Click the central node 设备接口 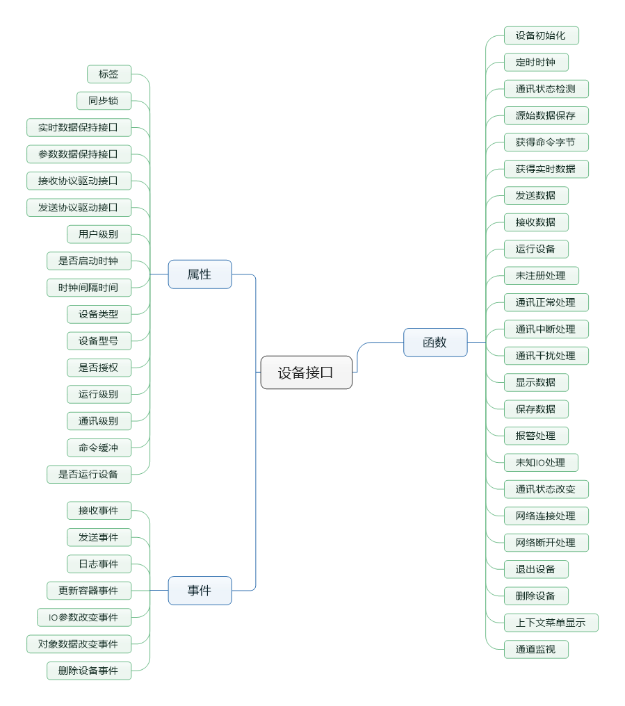click(x=306, y=372)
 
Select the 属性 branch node click(x=200, y=274)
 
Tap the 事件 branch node click(x=200, y=591)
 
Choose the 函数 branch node click(x=435, y=343)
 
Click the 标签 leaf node click(x=109, y=74)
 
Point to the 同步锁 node click(x=104, y=101)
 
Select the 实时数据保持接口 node click(x=79, y=127)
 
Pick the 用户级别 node click(x=99, y=234)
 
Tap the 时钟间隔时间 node click(x=89, y=287)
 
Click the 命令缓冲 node click(x=99, y=448)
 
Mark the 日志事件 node click(x=99, y=564)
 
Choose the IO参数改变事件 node click(x=84, y=617)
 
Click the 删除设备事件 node click(x=89, y=671)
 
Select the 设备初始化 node click(x=541, y=35)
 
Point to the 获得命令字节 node click(x=546, y=142)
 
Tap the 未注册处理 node click(x=541, y=276)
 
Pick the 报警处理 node click(x=536, y=436)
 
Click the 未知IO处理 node click(x=541, y=462)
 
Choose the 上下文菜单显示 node click(x=551, y=623)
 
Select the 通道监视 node click(x=536, y=650)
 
